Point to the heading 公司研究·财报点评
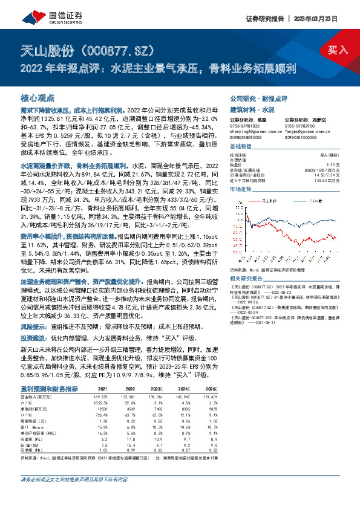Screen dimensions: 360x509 click(258, 98)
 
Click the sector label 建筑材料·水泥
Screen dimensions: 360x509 click(252, 109)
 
